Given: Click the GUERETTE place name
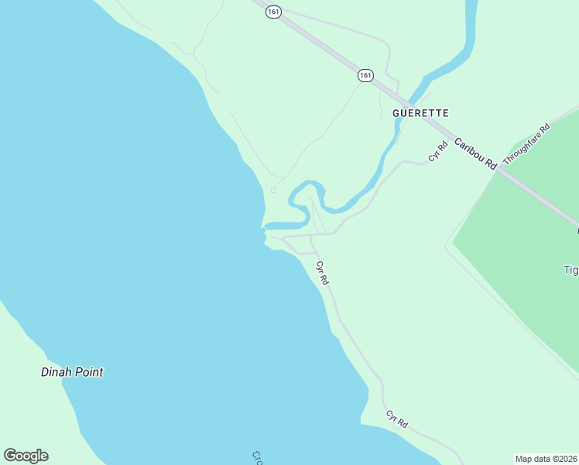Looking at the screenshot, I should (420, 113).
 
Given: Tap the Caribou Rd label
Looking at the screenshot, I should (475, 153).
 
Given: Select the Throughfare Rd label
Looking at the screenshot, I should (526, 144).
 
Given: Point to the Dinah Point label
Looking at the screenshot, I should (72, 372).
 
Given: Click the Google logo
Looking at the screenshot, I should (26, 456).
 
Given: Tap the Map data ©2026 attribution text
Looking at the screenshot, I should (546, 458).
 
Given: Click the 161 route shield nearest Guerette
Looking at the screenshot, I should (365, 75).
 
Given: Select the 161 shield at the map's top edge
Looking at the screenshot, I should (272, 12).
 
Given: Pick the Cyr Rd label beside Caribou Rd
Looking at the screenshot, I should (438, 151).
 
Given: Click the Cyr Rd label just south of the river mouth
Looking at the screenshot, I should (323, 274).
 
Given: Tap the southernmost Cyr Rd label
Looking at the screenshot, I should (396, 419).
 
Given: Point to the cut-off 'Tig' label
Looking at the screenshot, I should (570, 270).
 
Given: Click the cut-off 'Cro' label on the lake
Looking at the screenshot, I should (259, 457).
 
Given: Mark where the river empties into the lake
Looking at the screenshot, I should (266, 226).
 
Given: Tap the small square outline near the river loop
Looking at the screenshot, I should (272, 190).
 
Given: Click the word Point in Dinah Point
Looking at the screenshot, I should (87, 372).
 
